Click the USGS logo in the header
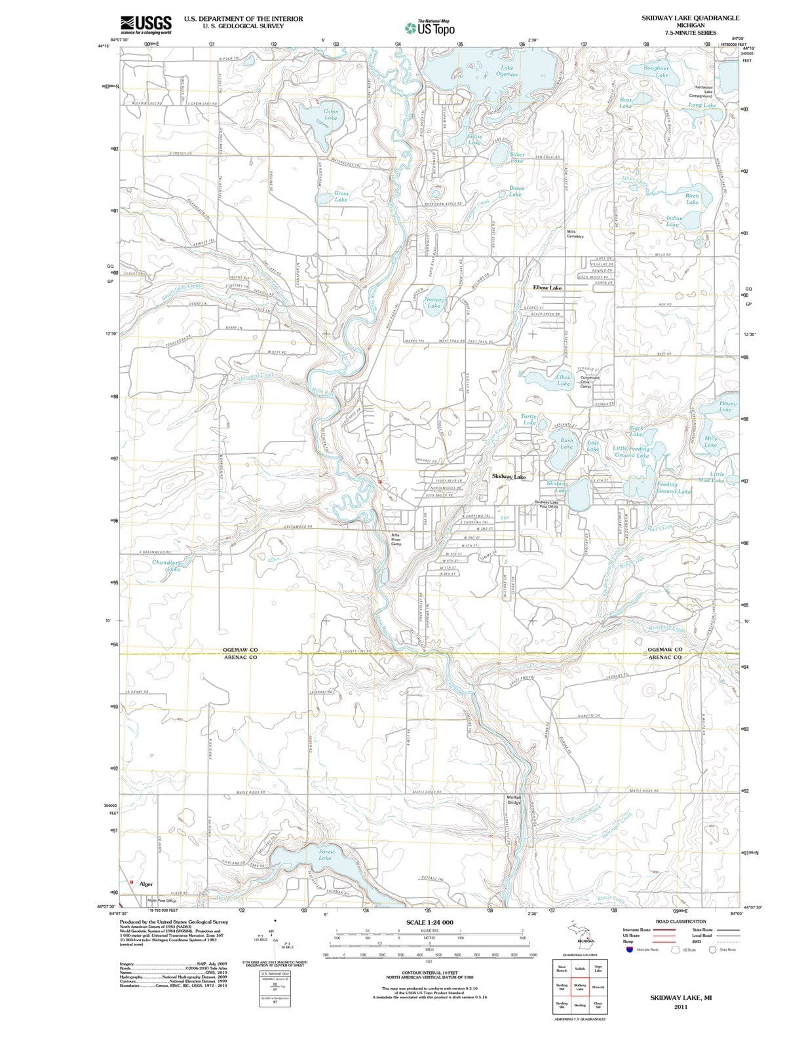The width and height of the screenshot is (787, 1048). point(146,25)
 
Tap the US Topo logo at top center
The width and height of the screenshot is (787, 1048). point(430,28)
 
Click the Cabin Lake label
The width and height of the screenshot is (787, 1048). point(331,115)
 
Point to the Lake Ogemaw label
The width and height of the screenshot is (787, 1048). point(507,71)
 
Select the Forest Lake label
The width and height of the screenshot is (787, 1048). point(326,855)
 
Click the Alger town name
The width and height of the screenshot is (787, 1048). point(146,884)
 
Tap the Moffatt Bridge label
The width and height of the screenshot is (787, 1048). point(514,799)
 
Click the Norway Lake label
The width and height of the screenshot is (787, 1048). point(434,303)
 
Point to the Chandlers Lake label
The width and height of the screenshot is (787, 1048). point(166,565)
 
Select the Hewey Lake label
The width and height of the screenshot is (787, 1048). point(728,406)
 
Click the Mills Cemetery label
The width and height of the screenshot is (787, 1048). point(575,234)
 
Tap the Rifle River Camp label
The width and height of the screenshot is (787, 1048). point(396,539)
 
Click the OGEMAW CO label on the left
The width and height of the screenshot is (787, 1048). point(240,650)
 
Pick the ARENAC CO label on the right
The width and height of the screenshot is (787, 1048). point(665,657)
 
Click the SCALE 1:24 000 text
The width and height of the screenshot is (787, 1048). point(430,922)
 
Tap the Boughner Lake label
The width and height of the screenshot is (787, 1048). point(657,71)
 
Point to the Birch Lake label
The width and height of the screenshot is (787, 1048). point(692,198)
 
